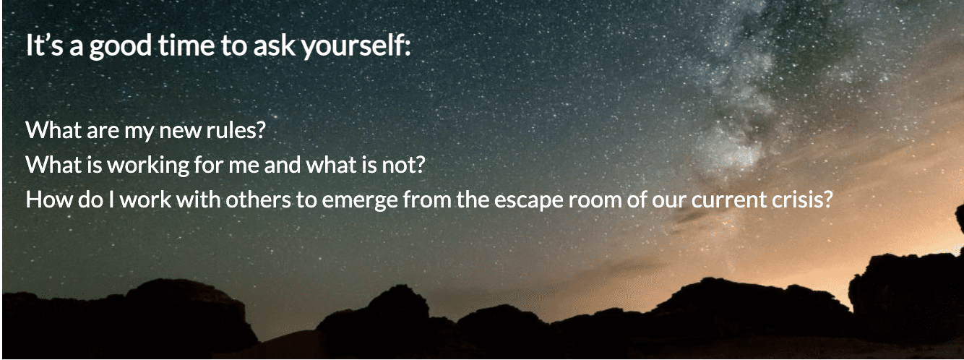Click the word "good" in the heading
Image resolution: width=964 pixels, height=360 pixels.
click(100, 46)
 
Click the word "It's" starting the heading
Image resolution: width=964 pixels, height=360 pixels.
click(40, 46)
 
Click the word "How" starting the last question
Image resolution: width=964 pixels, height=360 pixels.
click(45, 200)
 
